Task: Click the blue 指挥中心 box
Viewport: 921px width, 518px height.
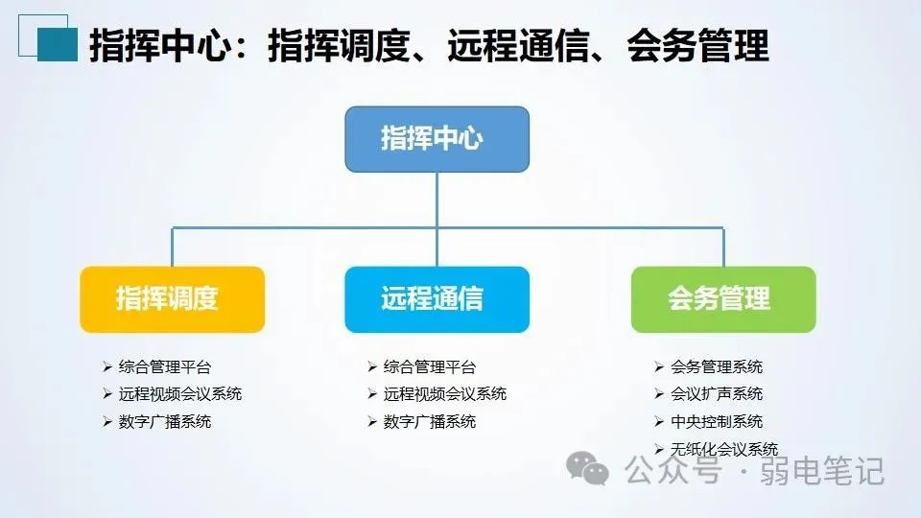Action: click(x=437, y=139)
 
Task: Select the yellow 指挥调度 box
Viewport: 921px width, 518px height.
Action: click(x=172, y=299)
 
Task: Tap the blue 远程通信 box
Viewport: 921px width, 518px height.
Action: click(x=437, y=299)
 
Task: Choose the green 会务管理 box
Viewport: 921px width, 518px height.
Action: click(x=723, y=299)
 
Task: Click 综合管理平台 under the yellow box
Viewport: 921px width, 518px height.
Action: click(x=164, y=366)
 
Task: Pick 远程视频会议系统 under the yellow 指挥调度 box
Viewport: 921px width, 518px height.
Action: click(x=179, y=393)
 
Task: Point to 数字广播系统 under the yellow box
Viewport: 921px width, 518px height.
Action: click(x=164, y=421)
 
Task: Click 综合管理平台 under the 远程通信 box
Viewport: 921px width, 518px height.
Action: click(x=429, y=366)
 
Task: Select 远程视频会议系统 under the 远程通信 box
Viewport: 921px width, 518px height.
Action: click(x=444, y=393)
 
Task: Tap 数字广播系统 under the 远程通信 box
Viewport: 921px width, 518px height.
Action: click(x=429, y=421)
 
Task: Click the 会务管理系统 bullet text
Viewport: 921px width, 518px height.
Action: click(x=716, y=366)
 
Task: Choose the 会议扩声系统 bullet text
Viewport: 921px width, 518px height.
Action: click(x=716, y=393)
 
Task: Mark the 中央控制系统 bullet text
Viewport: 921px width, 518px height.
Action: click(x=716, y=421)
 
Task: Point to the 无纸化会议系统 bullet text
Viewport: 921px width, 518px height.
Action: click(x=723, y=449)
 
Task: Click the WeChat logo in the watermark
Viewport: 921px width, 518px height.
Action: click(x=586, y=469)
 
